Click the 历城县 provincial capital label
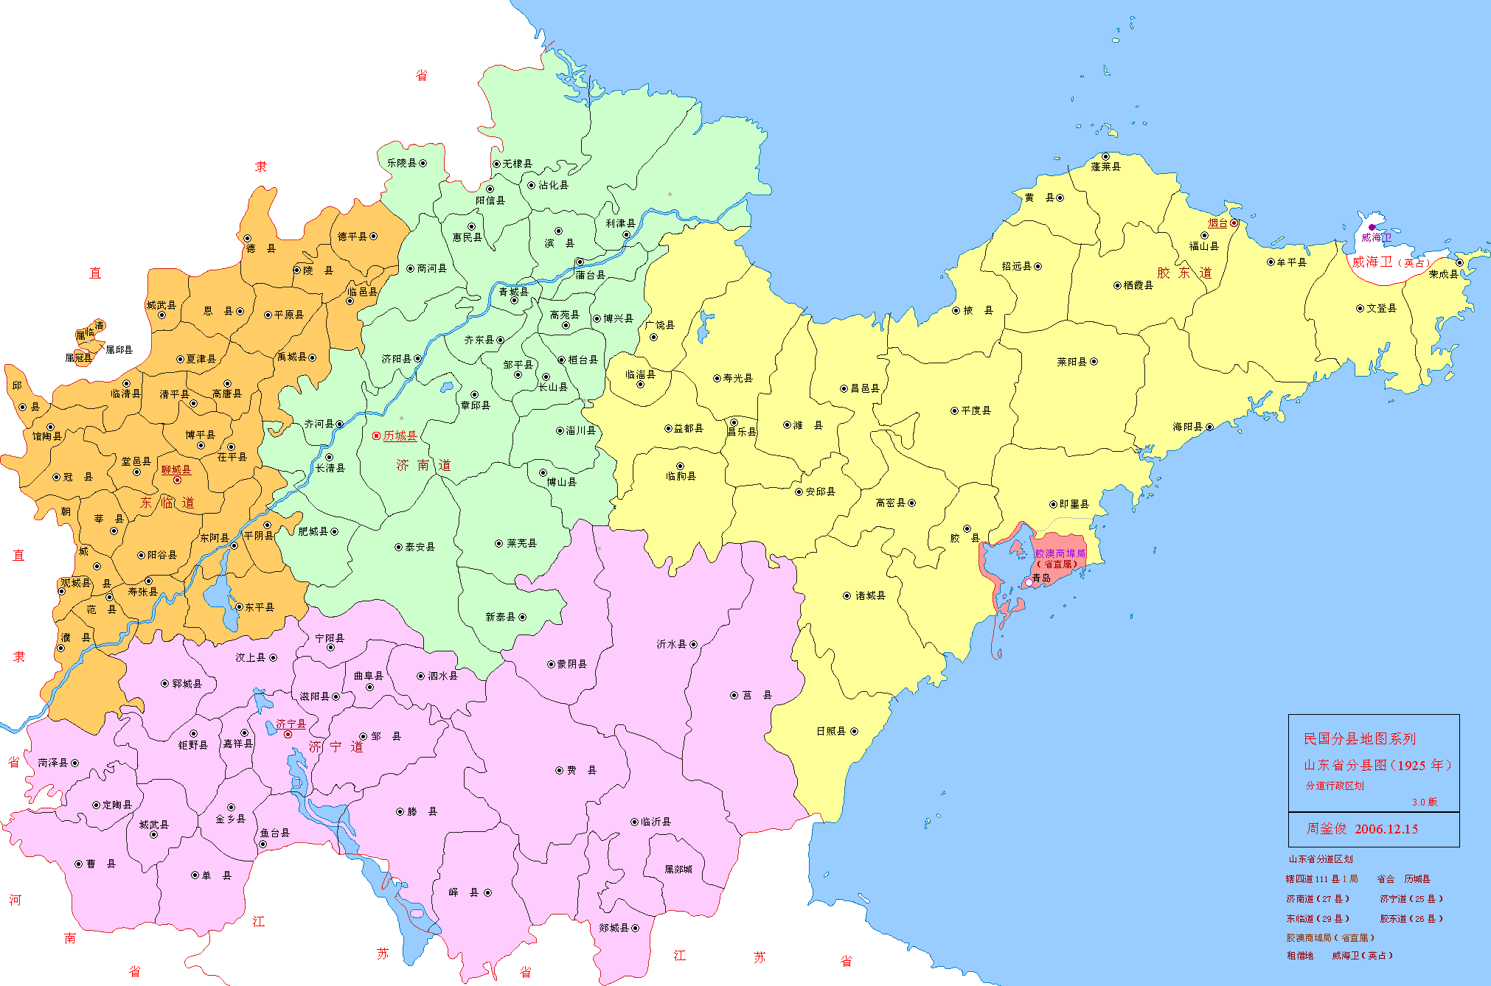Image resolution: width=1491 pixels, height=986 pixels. (400, 436)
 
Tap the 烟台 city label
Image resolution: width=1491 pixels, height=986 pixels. (1217, 223)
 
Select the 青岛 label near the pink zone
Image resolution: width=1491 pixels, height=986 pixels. (1041, 578)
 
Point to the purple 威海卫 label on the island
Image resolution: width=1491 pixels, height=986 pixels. (1376, 237)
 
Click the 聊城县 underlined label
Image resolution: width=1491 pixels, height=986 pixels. (176, 469)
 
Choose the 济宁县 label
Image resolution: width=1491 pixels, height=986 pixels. (291, 724)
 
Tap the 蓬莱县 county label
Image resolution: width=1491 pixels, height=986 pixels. (1105, 167)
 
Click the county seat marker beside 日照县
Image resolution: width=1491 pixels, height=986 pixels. (854, 732)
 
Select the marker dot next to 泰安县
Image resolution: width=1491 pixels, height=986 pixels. (398, 547)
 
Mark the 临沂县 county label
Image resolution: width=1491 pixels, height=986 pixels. (656, 822)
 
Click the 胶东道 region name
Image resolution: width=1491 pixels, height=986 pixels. (1184, 273)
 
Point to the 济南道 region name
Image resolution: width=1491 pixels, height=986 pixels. (423, 465)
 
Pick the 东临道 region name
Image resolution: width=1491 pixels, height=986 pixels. (167, 503)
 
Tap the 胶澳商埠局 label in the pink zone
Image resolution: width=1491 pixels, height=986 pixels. (1060, 553)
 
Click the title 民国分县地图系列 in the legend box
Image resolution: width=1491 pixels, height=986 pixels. (1359, 738)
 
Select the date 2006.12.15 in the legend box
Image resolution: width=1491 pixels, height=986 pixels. (1386, 829)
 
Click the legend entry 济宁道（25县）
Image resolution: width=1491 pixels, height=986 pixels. (1411, 899)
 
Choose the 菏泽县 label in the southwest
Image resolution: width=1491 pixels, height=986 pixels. (53, 763)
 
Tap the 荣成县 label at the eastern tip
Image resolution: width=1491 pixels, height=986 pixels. (1443, 274)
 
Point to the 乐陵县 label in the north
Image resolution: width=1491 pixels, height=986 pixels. (402, 163)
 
